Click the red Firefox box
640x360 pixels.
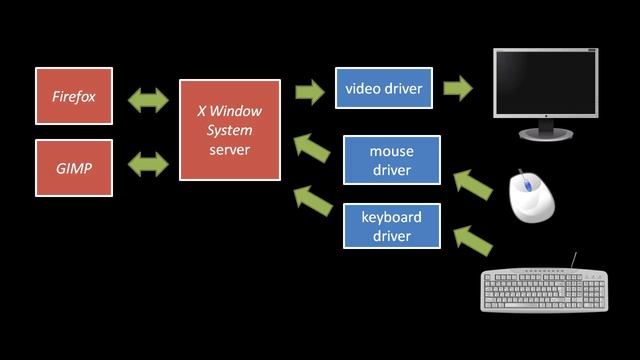(74, 96)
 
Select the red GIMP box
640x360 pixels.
(74, 167)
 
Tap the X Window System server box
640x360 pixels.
(230, 130)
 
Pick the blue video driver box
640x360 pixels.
(384, 90)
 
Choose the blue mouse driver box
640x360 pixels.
(392, 161)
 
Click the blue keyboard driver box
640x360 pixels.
(392, 226)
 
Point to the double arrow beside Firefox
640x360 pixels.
(148, 99)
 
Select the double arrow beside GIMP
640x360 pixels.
(148, 164)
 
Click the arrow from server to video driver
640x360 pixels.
(310, 92)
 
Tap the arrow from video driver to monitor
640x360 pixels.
(458, 88)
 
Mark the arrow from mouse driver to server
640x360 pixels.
(312, 150)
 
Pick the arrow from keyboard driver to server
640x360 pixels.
(312, 199)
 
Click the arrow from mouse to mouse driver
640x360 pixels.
(473, 183)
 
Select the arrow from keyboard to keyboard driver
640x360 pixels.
(473, 239)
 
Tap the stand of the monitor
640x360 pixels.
(546, 129)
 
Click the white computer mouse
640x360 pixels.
(531, 196)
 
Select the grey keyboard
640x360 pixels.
(544, 290)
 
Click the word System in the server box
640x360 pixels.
(230, 131)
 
